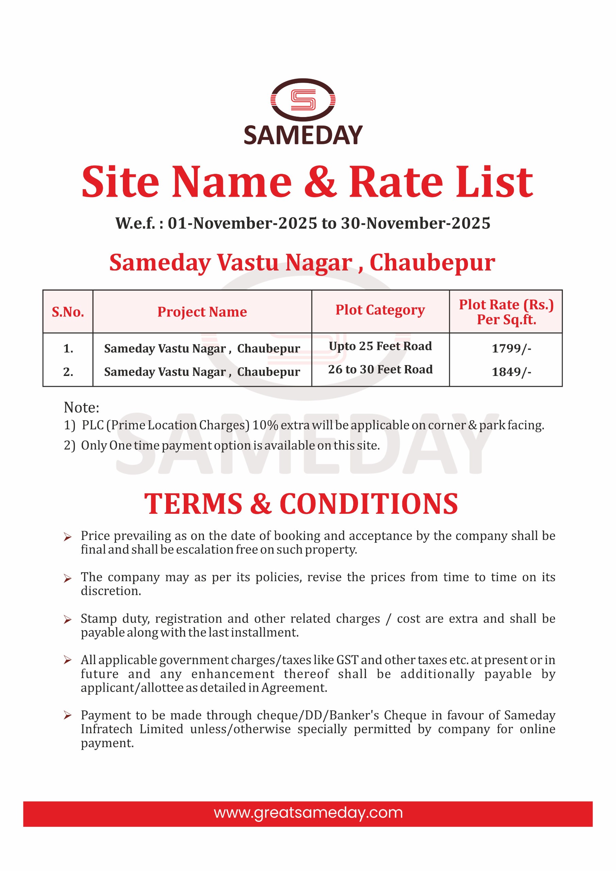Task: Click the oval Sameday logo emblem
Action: click(x=303, y=100)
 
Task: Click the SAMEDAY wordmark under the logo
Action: click(x=303, y=135)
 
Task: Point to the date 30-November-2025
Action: click(x=416, y=224)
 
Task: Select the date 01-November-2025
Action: click(x=242, y=224)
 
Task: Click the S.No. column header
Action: click(x=68, y=312)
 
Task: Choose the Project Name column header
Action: click(x=202, y=312)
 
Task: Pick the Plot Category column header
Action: click(x=380, y=310)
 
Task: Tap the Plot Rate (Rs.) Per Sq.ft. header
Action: click(x=506, y=312)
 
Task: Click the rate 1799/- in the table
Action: click(x=511, y=348)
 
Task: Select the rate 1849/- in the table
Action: click(x=511, y=372)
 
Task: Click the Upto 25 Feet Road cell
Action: click(x=380, y=346)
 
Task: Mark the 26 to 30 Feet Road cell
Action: click(x=380, y=369)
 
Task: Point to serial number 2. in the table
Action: click(x=68, y=372)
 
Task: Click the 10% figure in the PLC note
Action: click(x=265, y=425)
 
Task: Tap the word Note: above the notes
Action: click(x=82, y=407)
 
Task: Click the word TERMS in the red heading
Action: click(x=193, y=504)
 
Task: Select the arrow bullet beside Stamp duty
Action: click(x=68, y=620)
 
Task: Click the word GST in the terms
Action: click(x=347, y=660)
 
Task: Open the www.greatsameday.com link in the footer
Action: click(x=308, y=812)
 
